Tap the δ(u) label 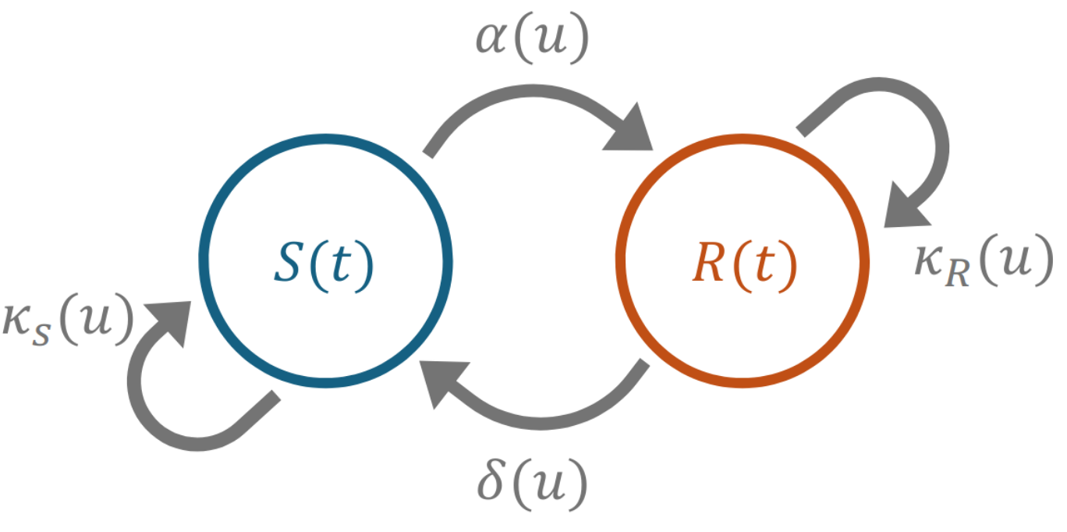click(533, 485)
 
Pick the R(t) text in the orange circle click(743, 266)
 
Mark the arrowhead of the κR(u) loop click(904, 209)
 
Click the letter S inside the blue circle click(288, 265)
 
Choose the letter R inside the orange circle click(707, 266)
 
